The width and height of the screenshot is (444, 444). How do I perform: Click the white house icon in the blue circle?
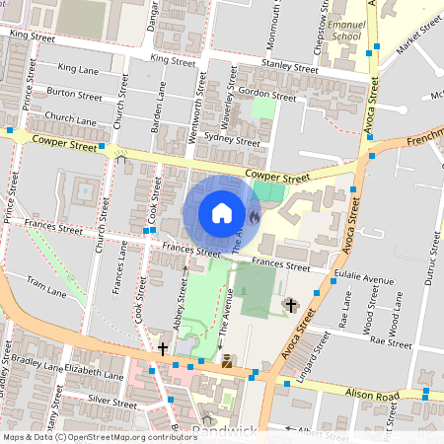pos(222,213)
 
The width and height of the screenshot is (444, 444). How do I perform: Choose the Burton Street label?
pos(74,96)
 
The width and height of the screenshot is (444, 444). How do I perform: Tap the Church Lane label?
pos(72,120)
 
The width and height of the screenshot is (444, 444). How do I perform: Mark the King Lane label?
pos(80,68)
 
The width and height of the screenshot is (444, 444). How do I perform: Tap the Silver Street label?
pos(111,402)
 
